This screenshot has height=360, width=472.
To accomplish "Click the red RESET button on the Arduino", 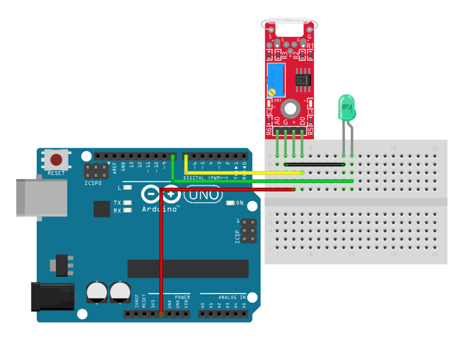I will pyautogui.click(x=57, y=160).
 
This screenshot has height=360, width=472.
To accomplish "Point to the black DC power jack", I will pyautogui.click(x=52, y=296).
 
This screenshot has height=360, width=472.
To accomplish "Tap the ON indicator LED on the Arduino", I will pyautogui.click(x=230, y=202).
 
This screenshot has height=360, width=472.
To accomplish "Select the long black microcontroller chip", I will pyautogui.click(x=188, y=269).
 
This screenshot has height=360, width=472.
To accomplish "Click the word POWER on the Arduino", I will pyautogui.click(x=182, y=297).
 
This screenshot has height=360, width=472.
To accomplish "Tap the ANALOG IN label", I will pyautogui.click(x=232, y=297).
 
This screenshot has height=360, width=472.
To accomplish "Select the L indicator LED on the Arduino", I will pyautogui.click(x=128, y=187).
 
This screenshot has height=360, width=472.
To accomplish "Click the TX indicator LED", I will pyautogui.click(x=128, y=202).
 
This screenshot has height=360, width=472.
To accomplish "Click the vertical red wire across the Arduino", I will pyautogui.click(x=161, y=254).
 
